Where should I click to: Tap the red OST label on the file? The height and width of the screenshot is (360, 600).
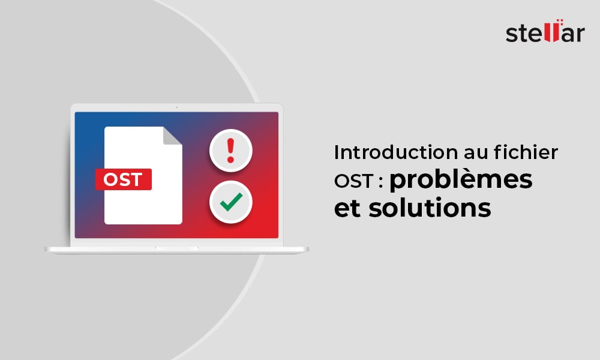click(123, 179)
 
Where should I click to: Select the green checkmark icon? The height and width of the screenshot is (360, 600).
click(230, 202)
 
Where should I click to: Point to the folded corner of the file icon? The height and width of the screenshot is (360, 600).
click(172, 136)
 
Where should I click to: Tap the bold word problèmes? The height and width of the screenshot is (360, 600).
click(461, 181)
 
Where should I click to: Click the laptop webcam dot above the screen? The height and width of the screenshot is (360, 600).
click(176, 108)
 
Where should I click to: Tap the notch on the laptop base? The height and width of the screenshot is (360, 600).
click(176, 247)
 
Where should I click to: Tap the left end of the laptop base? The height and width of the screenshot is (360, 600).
click(48, 249)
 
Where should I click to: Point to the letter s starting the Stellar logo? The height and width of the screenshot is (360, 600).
click(512, 34)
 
